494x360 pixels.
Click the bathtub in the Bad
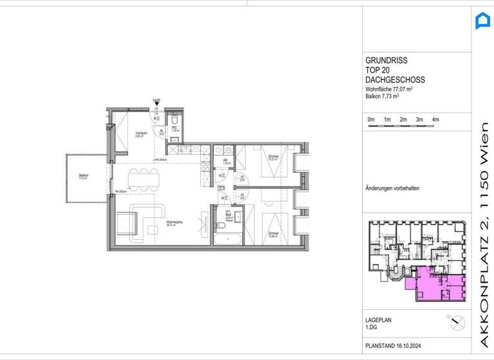(x=228, y=239)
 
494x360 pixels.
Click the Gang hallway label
(x=221, y=188)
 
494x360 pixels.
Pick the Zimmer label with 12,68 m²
(x=274, y=234)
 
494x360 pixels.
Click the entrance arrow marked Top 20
(x=156, y=103)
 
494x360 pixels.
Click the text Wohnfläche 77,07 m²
(x=389, y=89)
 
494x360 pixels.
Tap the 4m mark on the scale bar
(x=435, y=120)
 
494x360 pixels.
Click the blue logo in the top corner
(x=482, y=21)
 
